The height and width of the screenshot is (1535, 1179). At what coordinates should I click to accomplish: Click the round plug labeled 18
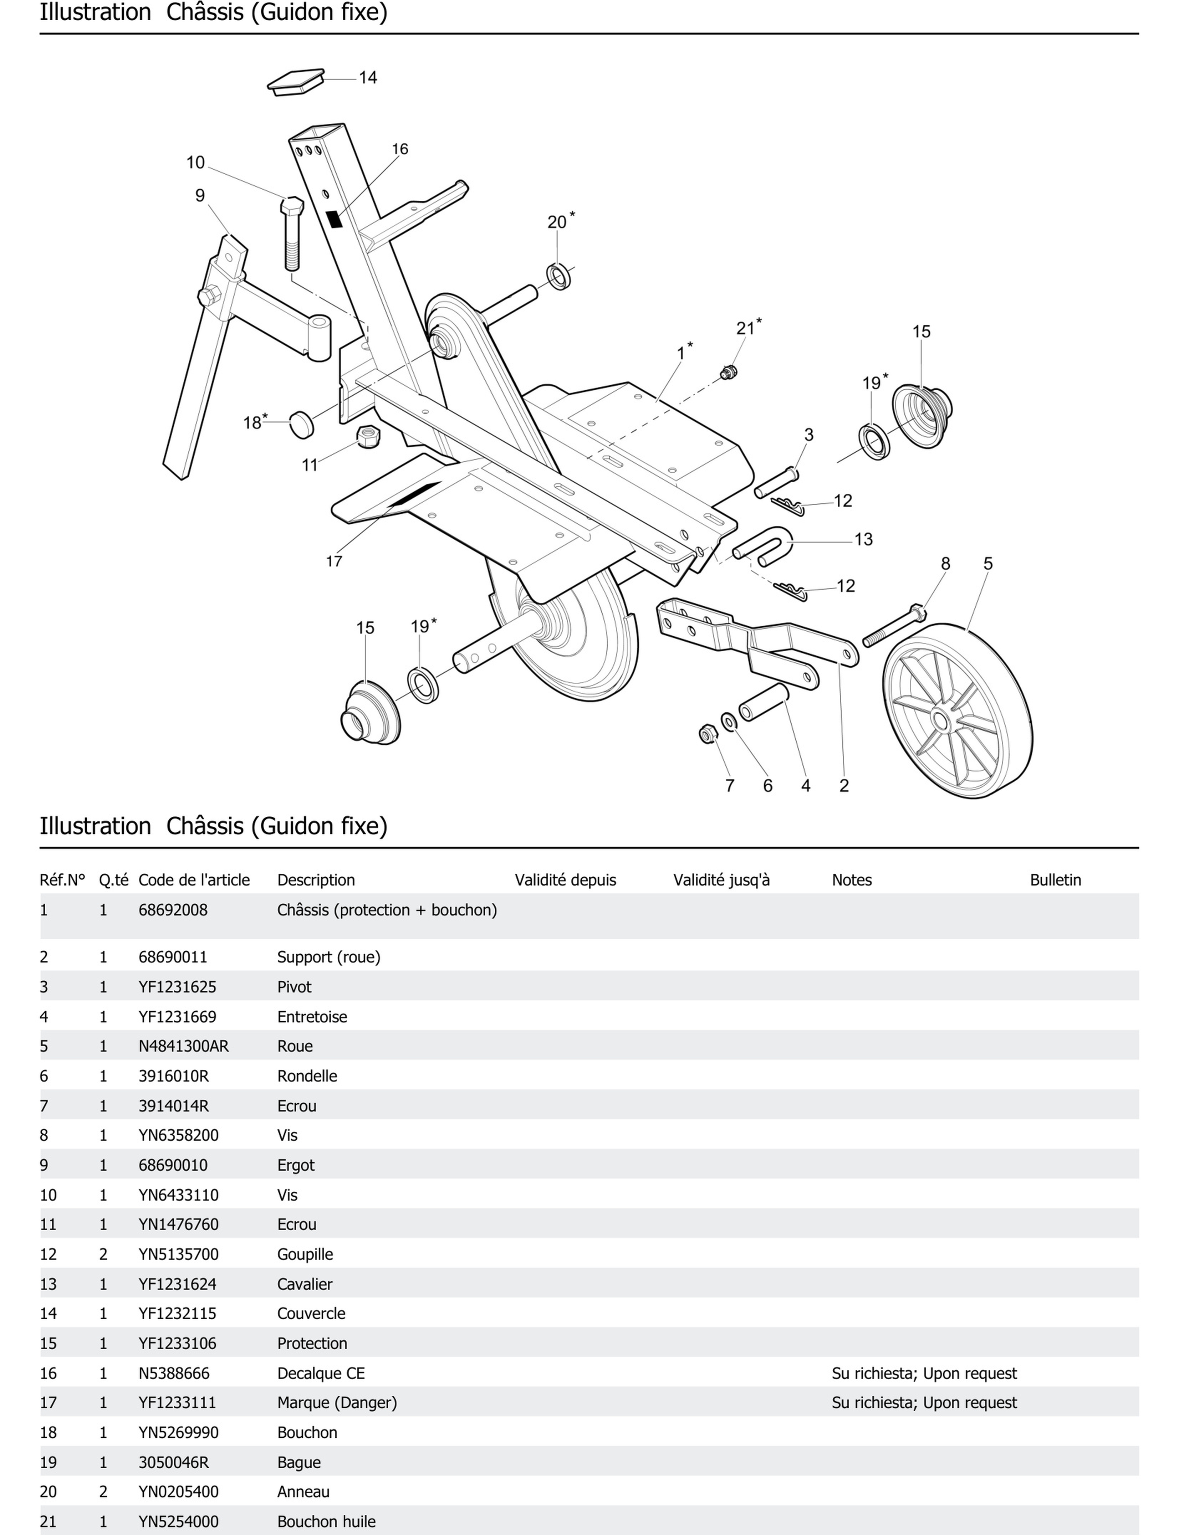tap(302, 425)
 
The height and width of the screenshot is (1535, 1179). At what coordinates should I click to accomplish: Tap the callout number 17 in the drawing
tap(334, 561)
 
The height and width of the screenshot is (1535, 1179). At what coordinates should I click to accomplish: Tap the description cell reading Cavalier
tap(305, 1284)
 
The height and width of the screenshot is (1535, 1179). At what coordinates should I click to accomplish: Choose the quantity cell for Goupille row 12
tap(103, 1254)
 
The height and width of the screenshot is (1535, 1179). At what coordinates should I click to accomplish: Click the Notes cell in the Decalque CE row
tap(924, 1373)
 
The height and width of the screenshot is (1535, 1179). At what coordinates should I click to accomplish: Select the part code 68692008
tap(173, 910)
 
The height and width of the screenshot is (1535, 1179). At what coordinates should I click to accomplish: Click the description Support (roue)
tap(328, 957)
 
